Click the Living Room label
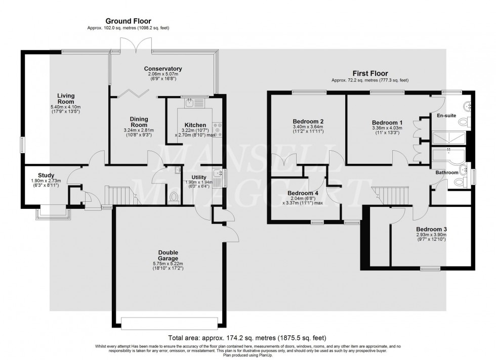pyautogui.click(x=66, y=99)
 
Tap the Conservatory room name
pyautogui.click(x=162, y=69)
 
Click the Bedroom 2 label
pyautogui.click(x=308, y=121)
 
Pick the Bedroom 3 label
pyautogui.click(x=431, y=229)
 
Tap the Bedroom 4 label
pyautogui.click(x=303, y=193)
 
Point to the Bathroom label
pyautogui.click(x=447, y=172)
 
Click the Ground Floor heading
pyautogui.click(x=128, y=21)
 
